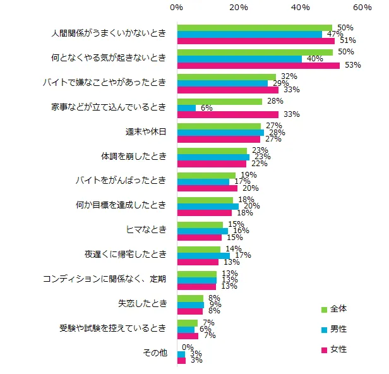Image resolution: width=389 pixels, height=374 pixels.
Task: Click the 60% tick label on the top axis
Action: pyautogui.click(x=362, y=7)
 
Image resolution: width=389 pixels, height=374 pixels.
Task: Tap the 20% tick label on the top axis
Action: pyautogui.click(x=239, y=7)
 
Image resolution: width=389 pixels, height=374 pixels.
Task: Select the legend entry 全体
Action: pyautogui.click(x=337, y=309)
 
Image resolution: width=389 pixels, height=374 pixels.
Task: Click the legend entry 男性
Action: pyautogui.click(x=337, y=329)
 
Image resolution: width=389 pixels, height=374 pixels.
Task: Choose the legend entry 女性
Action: pyautogui.click(x=337, y=349)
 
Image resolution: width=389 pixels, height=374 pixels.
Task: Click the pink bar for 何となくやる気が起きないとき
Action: pyautogui.click(x=258, y=66)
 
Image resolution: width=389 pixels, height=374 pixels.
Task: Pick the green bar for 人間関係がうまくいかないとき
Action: pyautogui.click(x=254, y=28)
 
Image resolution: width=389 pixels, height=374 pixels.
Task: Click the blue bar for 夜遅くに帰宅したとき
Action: pyautogui.click(x=203, y=256)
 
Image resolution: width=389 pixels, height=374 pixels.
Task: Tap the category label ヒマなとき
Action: pyautogui.click(x=147, y=230)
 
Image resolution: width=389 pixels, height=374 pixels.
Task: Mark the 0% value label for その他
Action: pyautogui.click(x=188, y=347)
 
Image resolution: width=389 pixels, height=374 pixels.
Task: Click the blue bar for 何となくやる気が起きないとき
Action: pyautogui.click(x=239, y=59)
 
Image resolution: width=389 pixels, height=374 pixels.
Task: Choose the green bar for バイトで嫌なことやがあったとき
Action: pyautogui.click(x=226, y=76)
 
